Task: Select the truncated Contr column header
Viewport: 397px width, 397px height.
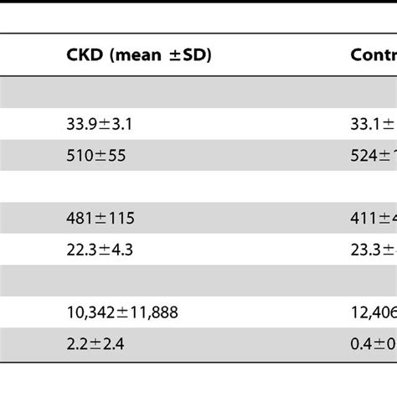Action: click(373, 55)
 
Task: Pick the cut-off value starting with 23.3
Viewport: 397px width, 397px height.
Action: click(373, 248)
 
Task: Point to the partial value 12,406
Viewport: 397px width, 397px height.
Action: click(374, 312)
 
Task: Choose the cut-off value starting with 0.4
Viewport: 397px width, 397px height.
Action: click(373, 343)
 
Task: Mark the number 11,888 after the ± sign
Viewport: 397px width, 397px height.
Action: click(153, 312)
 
